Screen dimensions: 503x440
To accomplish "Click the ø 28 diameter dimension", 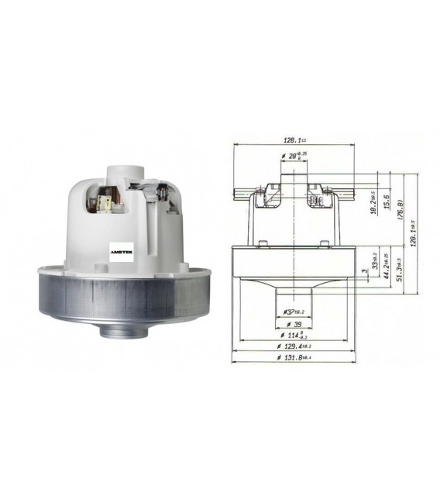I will pyautogui.click(x=293, y=157).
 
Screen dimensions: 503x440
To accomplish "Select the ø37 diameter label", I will pyautogui.click(x=291, y=312).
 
